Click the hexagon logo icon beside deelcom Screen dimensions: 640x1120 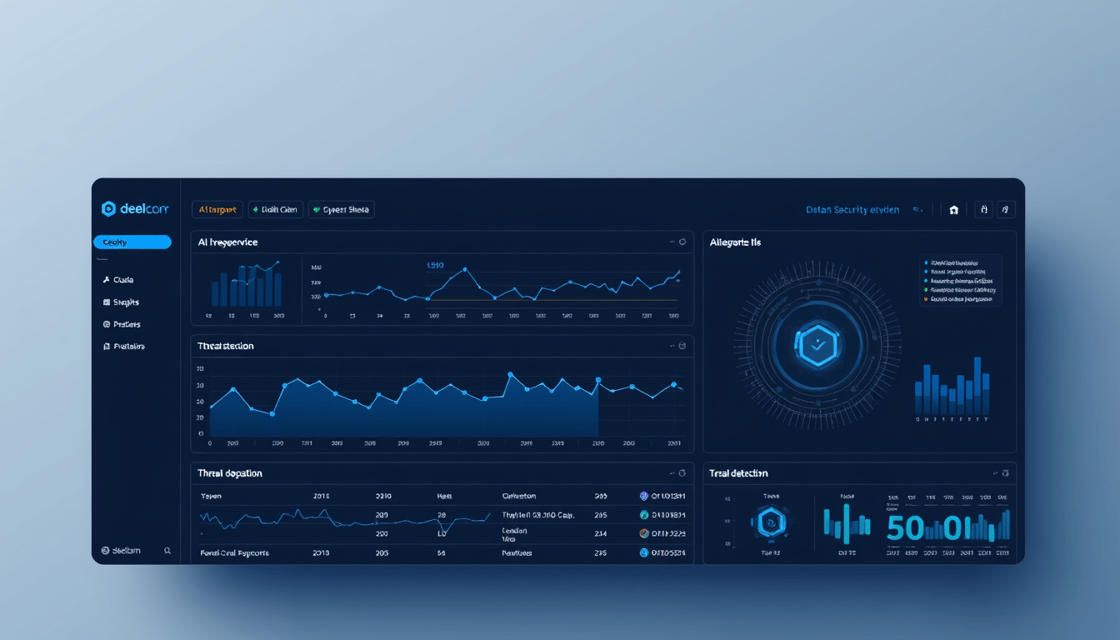[x=108, y=209]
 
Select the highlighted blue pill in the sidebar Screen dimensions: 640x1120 [x=132, y=242]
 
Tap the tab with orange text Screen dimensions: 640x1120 [x=217, y=210]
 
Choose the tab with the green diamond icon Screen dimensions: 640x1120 [x=275, y=210]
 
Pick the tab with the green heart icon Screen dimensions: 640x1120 [x=342, y=210]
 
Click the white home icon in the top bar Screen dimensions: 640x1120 [x=954, y=211]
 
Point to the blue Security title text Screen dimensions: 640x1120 [x=852, y=210]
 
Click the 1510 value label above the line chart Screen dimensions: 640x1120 [x=435, y=265]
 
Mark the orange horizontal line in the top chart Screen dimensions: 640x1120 [x=550, y=299]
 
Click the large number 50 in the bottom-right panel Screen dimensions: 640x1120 [x=905, y=527]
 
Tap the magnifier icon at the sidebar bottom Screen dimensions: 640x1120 [x=167, y=551]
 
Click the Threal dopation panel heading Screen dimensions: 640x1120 [x=230, y=473]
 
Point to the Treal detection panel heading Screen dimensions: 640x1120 [x=738, y=473]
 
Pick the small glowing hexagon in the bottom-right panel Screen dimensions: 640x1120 [x=771, y=523]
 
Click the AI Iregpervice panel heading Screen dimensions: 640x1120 [x=227, y=242]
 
